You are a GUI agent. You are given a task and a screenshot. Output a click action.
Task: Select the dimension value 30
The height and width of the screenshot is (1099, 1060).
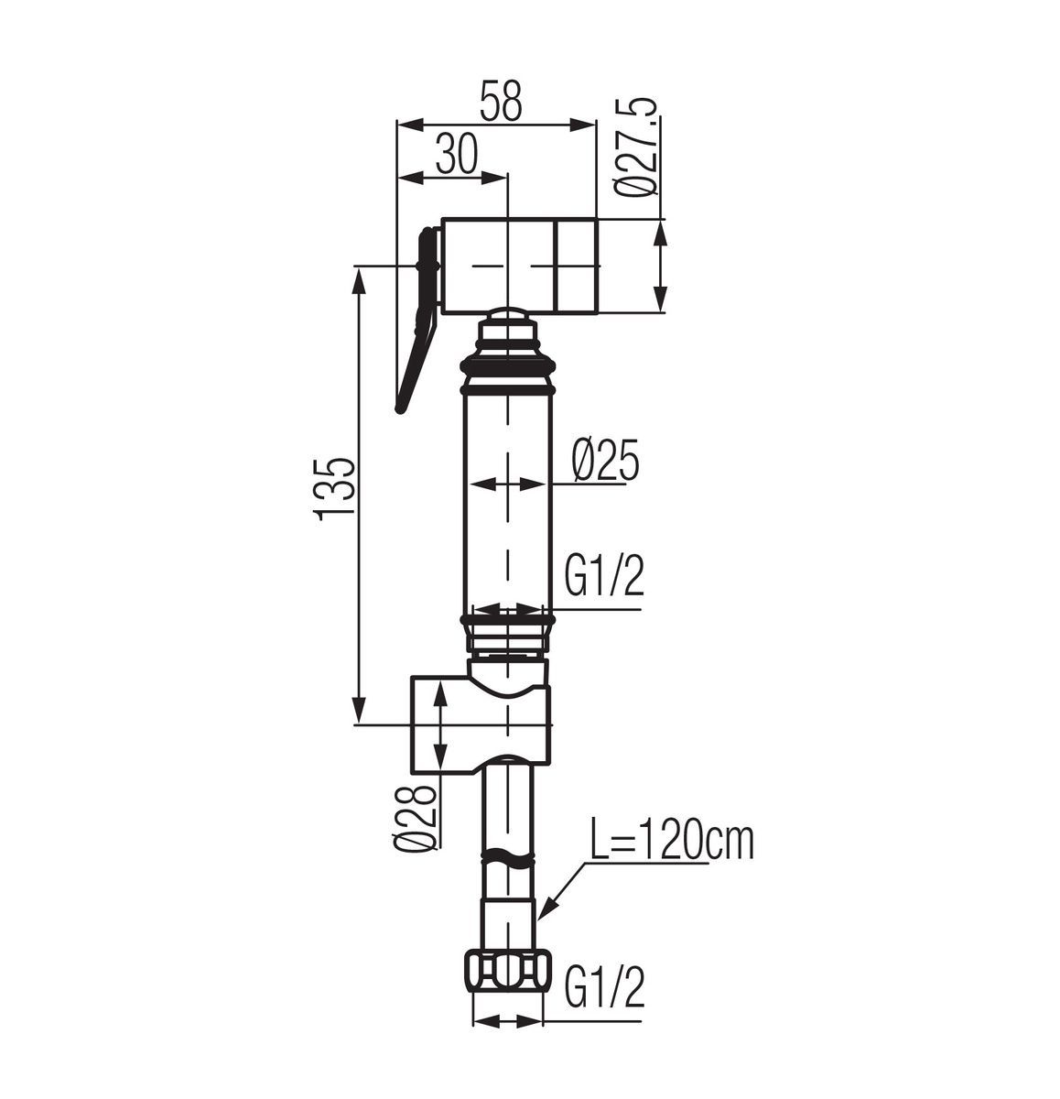(457, 154)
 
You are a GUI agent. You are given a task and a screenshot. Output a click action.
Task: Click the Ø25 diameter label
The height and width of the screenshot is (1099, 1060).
(604, 461)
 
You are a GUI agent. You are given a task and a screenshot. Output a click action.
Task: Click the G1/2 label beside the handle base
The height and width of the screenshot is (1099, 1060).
(603, 576)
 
